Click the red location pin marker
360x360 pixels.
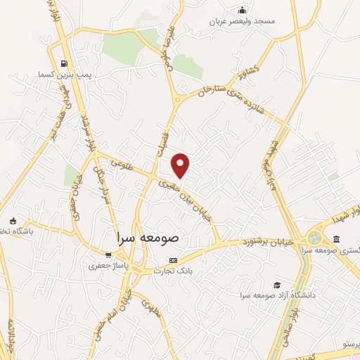click(181, 165)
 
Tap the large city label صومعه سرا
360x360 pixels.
click(148, 238)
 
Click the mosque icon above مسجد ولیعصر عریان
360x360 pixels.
click(243, 10)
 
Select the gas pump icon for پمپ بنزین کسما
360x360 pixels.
click(65, 61)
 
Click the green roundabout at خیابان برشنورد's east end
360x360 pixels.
click(314, 238)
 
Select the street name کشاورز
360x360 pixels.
click(249, 73)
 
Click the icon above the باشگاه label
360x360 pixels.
click(12, 220)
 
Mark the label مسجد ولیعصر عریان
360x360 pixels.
click(243, 21)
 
